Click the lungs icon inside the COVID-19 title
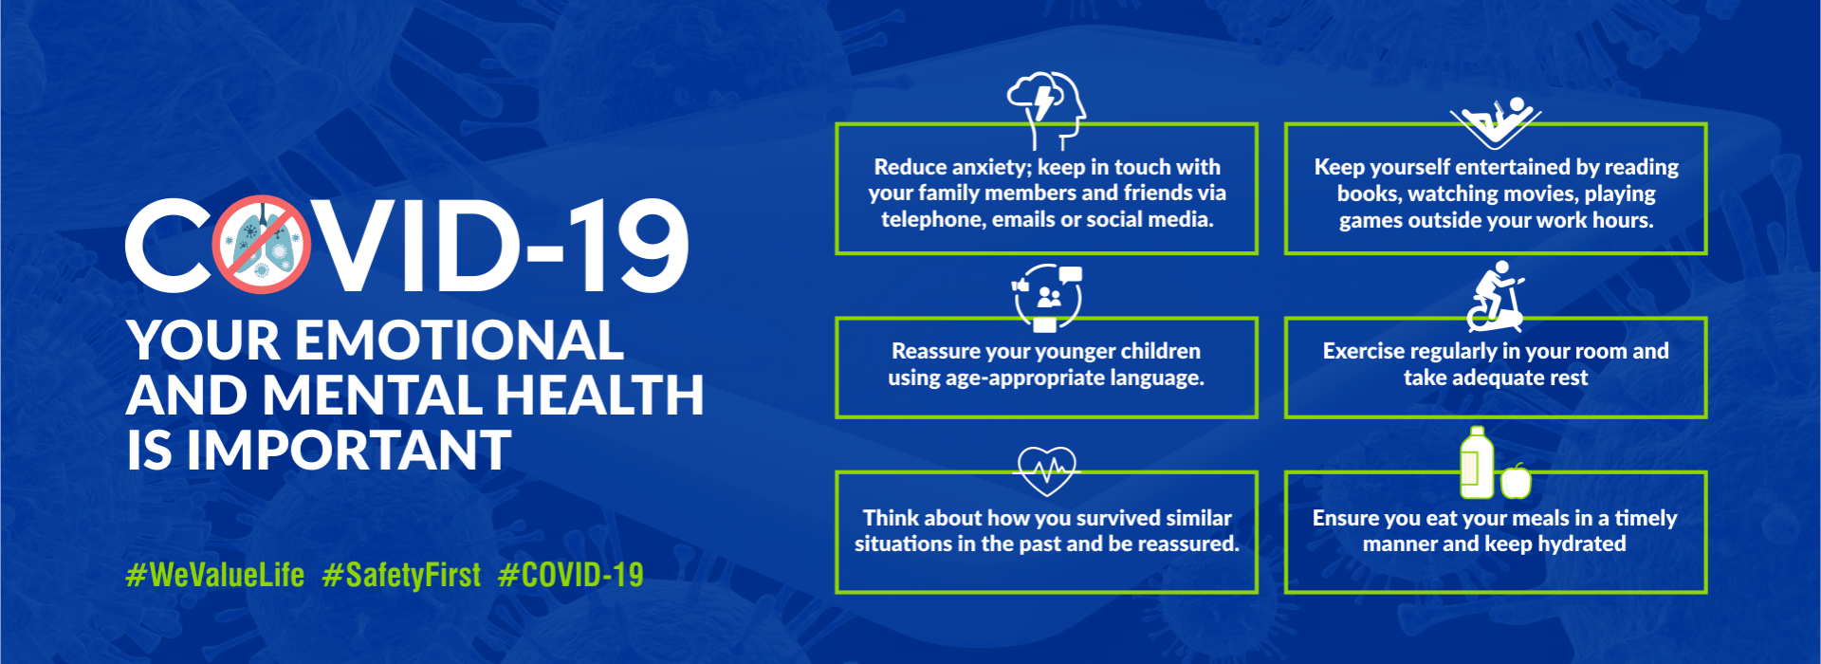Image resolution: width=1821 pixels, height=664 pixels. tap(261, 245)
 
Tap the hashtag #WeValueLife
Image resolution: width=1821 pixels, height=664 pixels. tap(215, 575)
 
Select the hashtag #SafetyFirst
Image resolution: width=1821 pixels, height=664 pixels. tap(402, 575)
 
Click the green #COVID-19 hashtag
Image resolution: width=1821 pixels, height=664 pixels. tap(571, 575)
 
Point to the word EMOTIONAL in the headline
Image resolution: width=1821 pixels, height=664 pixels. tap(460, 341)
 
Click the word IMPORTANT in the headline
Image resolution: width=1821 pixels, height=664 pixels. tap(349, 451)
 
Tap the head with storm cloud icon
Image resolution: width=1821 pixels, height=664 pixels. tap(1047, 109)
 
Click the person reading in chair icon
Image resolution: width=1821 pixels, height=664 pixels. tap(1496, 121)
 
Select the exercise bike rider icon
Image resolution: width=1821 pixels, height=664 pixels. tap(1496, 296)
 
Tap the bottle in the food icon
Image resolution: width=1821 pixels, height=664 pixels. tap(1476, 463)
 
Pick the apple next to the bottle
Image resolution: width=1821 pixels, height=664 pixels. tap(1516, 481)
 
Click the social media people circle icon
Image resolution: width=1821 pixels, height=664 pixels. tap(1047, 298)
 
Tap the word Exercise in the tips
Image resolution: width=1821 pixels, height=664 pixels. tap(1362, 352)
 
